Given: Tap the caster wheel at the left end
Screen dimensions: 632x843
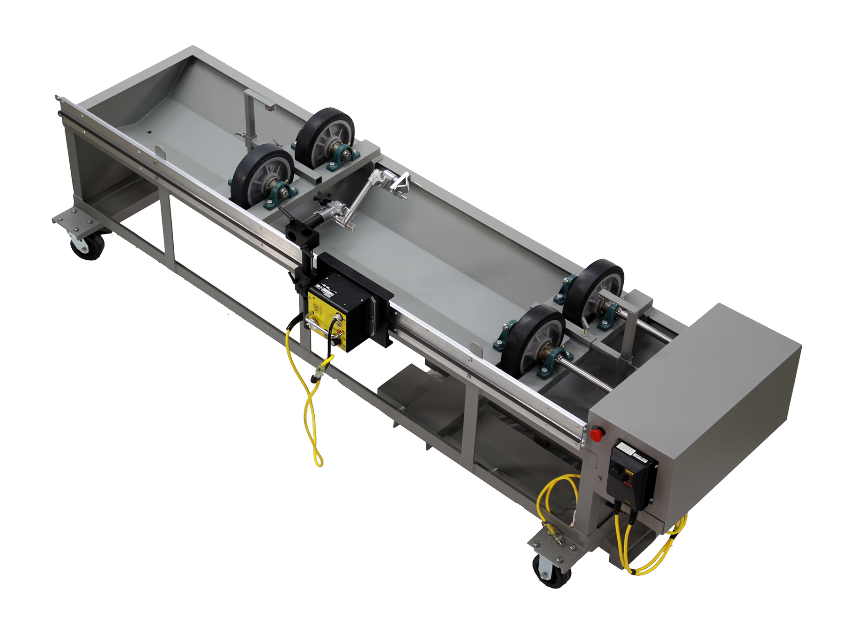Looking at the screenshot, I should point(87,245).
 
